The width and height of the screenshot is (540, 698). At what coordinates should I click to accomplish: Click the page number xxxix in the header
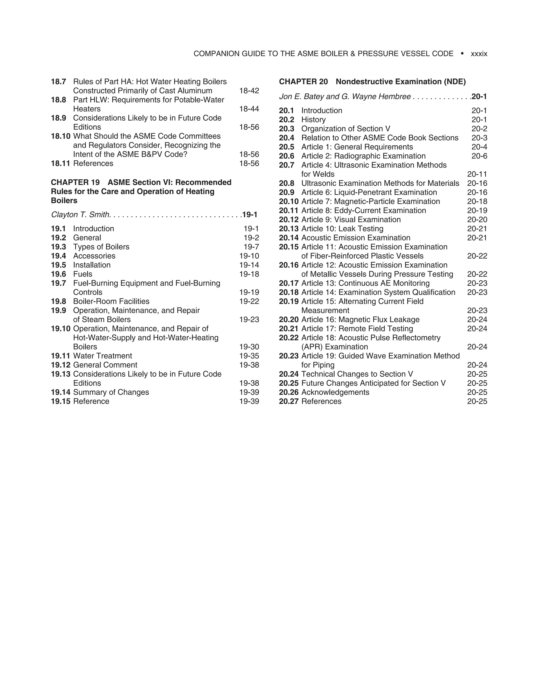479,54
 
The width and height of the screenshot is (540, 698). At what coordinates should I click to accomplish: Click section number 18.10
60,136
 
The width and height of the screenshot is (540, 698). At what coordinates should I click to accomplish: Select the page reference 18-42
249,91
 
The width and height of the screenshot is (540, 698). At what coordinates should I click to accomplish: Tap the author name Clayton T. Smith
81,214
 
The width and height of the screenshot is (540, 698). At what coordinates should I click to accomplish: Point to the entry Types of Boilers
101,247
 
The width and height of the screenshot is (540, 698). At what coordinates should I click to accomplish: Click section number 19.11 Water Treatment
60,356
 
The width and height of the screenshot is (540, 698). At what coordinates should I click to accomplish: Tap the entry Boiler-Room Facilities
111,301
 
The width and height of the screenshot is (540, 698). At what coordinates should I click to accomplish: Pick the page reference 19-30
249,347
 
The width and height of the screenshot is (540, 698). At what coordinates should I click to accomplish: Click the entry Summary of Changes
111,392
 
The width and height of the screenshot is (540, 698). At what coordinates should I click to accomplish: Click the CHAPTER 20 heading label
303,82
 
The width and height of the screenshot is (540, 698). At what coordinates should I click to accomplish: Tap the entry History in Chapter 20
313,120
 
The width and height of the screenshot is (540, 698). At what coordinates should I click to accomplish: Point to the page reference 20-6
479,156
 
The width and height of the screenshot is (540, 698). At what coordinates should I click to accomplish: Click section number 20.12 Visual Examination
288,220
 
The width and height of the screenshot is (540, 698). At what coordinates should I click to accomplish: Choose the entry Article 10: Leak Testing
342,229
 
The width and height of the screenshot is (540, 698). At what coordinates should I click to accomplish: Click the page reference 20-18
477,201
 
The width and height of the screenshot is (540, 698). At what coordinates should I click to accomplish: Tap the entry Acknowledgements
335,392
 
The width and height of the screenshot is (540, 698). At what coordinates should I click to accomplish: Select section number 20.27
288,401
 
